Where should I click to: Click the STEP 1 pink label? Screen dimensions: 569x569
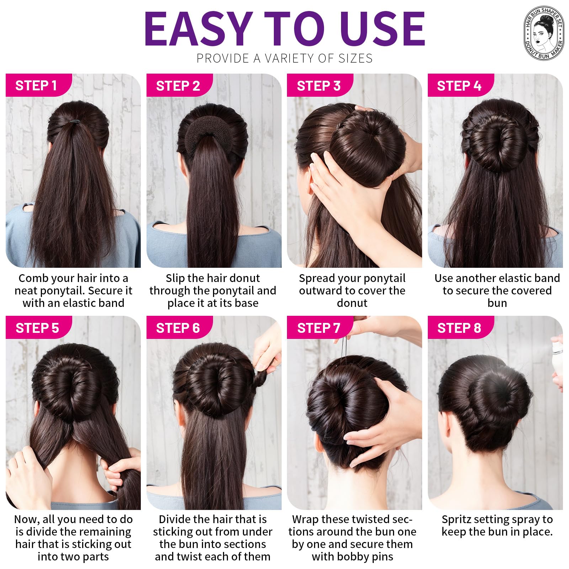click(x=38, y=85)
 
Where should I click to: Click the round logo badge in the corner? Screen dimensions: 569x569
click(x=544, y=33)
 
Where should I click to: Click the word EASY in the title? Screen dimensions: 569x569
click(x=198, y=29)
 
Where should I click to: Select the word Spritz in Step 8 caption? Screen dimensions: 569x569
click(x=456, y=520)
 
